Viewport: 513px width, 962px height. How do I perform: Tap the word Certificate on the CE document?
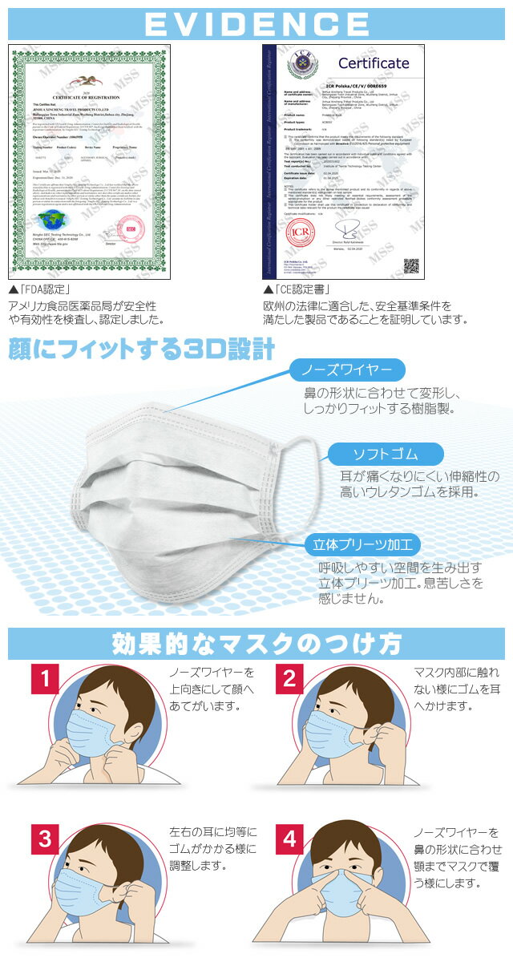pyautogui.click(x=374, y=63)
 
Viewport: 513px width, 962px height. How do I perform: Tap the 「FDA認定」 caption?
pyautogui.click(x=40, y=289)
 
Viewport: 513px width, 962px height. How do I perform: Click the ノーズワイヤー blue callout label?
pyautogui.click(x=346, y=370)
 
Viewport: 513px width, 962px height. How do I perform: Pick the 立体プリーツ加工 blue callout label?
pyautogui.click(x=363, y=546)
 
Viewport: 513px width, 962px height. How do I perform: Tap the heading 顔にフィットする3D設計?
pyautogui.click(x=143, y=350)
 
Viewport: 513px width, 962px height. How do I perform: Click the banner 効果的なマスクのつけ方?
pyautogui.click(x=256, y=643)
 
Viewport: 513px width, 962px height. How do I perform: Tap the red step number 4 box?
pyautogui.click(x=290, y=839)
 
